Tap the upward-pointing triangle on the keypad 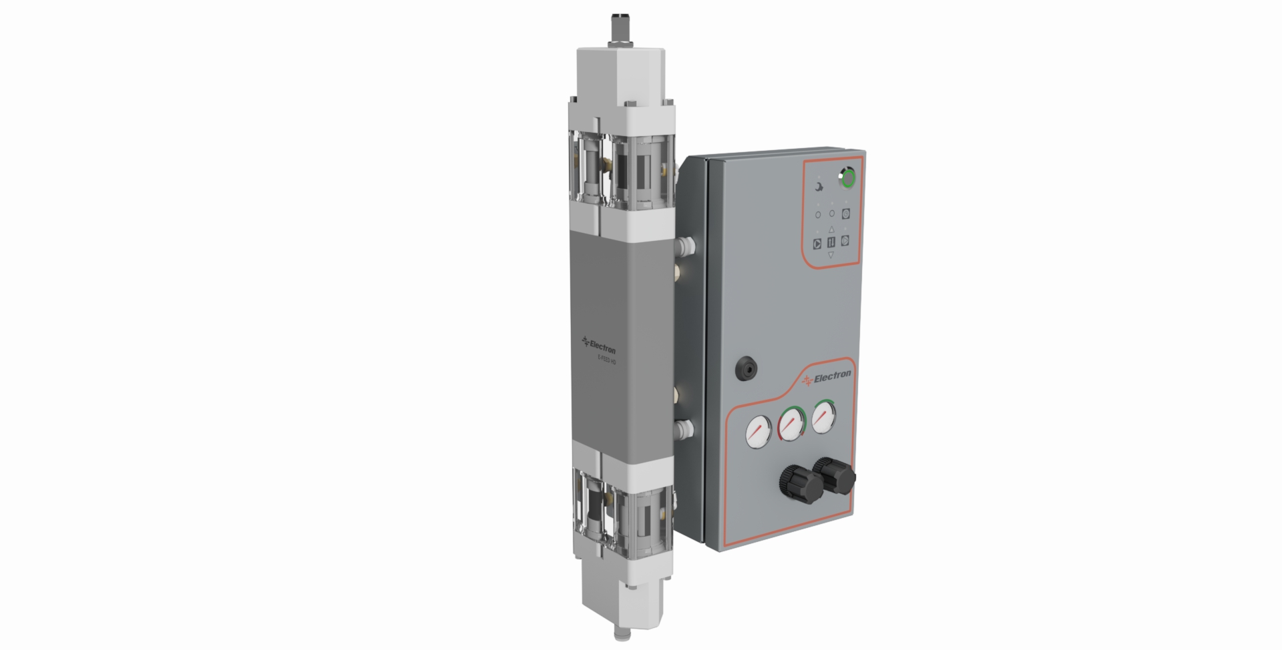click(831, 230)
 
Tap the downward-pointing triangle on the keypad click(831, 254)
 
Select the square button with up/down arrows click(831, 242)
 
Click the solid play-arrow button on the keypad click(817, 244)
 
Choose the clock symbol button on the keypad click(846, 214)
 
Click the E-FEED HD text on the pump click(606, 358)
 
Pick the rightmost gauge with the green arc click(824, 417)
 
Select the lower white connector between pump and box click(684, 427)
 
